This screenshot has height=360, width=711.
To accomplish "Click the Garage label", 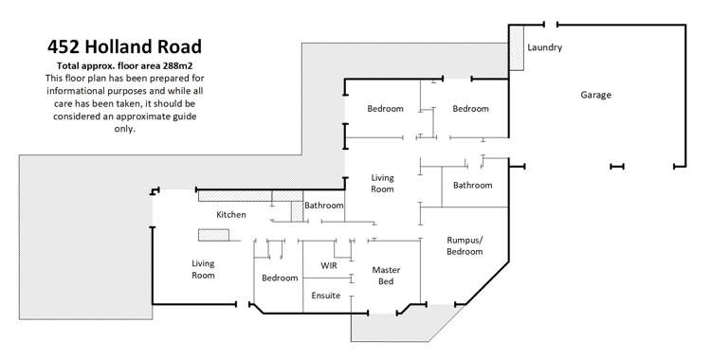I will click(x=596, y=95).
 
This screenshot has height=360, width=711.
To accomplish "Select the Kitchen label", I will click(x=231, y=215).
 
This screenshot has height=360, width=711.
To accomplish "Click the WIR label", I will click(x=329, y=265).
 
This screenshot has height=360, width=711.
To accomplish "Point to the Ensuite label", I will click(x=326, y=297).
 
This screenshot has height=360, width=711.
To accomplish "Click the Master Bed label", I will click(x=386, y=276).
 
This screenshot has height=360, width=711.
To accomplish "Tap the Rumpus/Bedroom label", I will click(x=465, y=246).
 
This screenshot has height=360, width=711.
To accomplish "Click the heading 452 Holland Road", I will click(x=124, y=45).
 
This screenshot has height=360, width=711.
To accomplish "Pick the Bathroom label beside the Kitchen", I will click(x=323, y=206).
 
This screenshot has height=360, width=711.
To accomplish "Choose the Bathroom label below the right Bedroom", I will click(x=472, y=185).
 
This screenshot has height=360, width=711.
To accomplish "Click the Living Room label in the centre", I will click(x=382, y=183).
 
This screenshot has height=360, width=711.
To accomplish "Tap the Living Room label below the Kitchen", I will click(x=203, y=269).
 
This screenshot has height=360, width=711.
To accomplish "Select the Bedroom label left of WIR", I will click(x=280, y=278).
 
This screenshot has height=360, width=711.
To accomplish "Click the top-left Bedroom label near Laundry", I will click(x=385, y=109).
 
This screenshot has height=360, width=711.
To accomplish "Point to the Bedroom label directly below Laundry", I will click(x=470, y=109).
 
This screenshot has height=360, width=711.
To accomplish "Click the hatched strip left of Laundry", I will click(x=517, y=55).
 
